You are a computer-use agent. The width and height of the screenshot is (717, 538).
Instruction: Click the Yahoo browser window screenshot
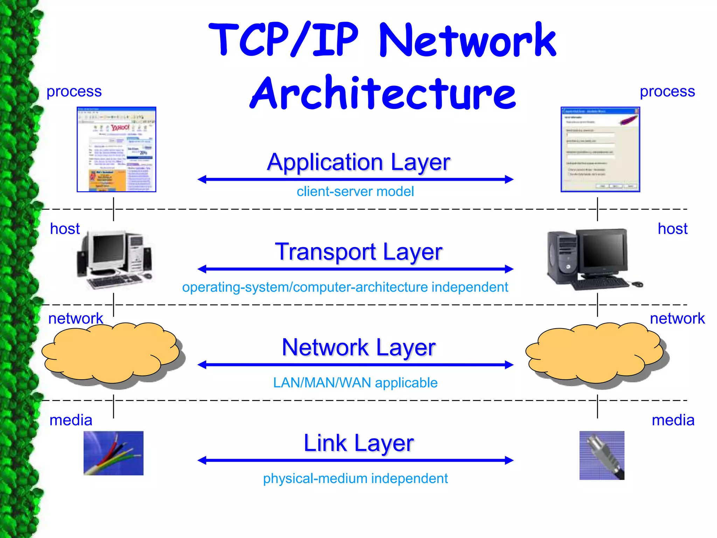[116, 150]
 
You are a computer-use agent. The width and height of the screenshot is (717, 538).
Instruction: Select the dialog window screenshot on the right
[600, 150]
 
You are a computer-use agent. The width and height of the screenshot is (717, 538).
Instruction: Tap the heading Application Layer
[358, 162]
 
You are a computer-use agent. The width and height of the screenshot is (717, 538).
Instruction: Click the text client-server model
[355, 192]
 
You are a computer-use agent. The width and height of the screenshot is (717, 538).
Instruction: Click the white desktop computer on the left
[115, 259]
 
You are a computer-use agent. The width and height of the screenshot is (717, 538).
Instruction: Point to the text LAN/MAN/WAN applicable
[355, 383]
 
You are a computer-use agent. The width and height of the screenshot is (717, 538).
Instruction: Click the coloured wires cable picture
[113, 453]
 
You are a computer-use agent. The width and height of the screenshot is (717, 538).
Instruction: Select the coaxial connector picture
[601, 455]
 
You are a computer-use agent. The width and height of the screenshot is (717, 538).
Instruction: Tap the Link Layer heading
[358, 443]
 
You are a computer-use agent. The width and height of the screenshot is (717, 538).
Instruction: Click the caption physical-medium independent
[355, 478]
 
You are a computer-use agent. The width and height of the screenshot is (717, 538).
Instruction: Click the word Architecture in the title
[383, 93]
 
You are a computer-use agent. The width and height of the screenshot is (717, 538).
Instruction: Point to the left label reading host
[65, 229]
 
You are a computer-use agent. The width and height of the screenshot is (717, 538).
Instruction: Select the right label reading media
[673, 420]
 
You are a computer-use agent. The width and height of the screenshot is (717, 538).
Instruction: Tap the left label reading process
[74, 91]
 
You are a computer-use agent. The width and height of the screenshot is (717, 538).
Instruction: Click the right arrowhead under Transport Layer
[509, 269]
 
